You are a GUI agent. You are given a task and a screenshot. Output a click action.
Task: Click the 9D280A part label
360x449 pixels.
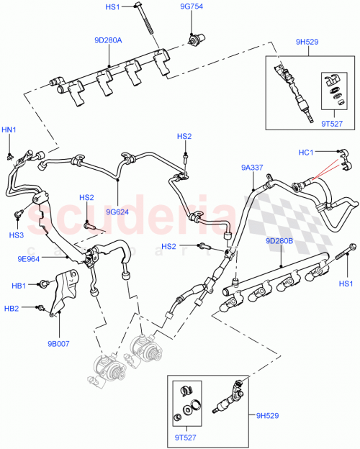(108, 40)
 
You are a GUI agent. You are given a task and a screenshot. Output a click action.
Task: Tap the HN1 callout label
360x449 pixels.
(8, 130)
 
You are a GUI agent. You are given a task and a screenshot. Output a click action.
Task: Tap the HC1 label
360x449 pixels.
(306, 152)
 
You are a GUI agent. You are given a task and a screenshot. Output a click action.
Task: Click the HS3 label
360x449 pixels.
(14, 235)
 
